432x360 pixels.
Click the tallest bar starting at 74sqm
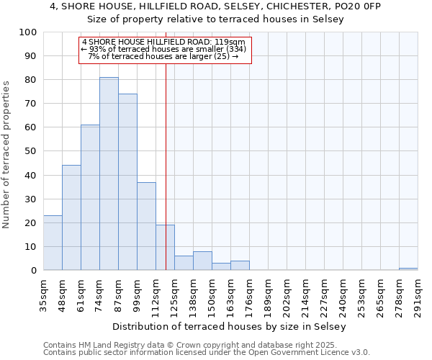pos(109,174)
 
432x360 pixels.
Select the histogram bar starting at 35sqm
pos(53,243)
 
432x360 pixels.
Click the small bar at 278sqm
pos(408,269)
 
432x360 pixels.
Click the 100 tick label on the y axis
pos(28,32)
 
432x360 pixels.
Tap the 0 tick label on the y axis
pos(34,271)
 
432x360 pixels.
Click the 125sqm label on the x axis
pos(174,295)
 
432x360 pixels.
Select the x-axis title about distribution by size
pos(230,326)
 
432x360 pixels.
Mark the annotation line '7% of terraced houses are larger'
pos(164,56)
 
